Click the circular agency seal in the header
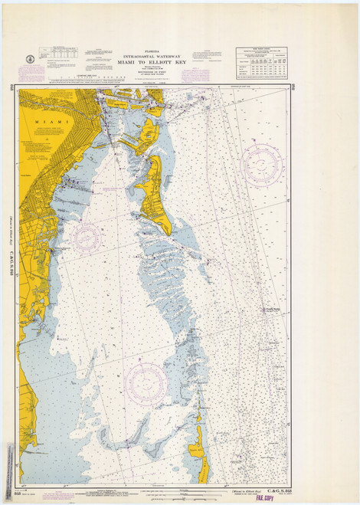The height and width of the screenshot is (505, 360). (x=28, y=58)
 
